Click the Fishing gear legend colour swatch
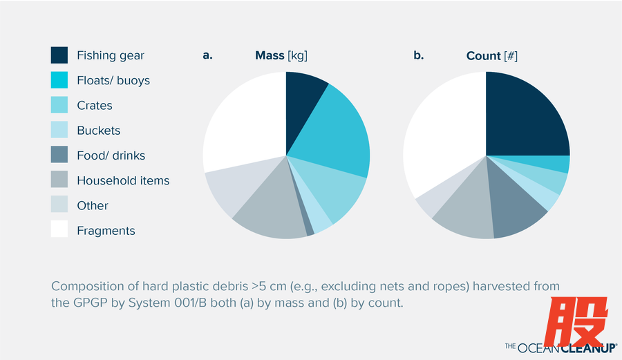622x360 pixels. click(x=59, y=55)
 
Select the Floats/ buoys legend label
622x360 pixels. click(x=113, y=80)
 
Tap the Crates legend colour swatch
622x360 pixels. click(x=59, y=105)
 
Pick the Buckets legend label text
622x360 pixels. click(x=98, y=131)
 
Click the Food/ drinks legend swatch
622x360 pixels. click(x=59, y=155)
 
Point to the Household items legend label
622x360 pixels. click(x=123, y=180)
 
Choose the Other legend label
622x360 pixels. click(x=93, y=205)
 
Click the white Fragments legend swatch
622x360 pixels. click(x=59, y=230)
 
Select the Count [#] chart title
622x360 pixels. click(x=491, y=55)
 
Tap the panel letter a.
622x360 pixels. click(x=207, y=55)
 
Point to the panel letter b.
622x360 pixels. click(x=418, y=55)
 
